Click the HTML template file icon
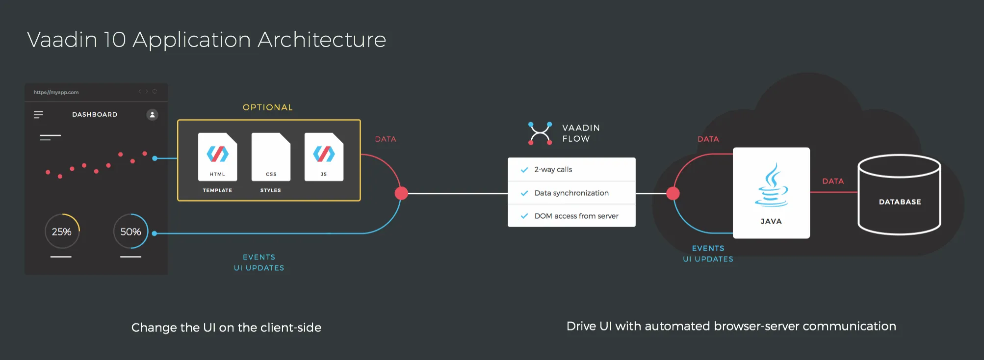pyautogui.click(x=217, y=156)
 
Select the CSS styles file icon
pyautogui.click(x=271, y=156)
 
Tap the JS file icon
pyautogui.click(x=324, y=156)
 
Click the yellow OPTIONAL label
pyautogui.click(x=268, y=107)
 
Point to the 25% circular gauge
pyautogui.click(x=62, y=231)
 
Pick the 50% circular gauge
pyautogui.click(x=130, y=231)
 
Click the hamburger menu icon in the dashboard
pyautogui.click(x=38, y=115)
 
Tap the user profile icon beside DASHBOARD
pyautogui.click(x=153, y=115)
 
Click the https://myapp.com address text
pyautogui.click(x=56, y=92)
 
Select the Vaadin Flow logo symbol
pyautogui.click(x=540, y=133)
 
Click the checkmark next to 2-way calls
pyautogui.click(x=524, y=170)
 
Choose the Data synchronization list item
pyautogui.click(x=571, y=193)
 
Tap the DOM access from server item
pyautogui.click(x=576, y=216)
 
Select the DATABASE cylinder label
pyautogui.click(x=900, y=202)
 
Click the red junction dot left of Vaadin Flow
pyautogui.click(x=401, y=193)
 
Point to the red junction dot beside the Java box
pyautogui.click(x=673, y=193)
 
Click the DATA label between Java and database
pyautogui.click(x=833, y=181)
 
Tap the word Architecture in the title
pyautogui.click(x=322, y=40)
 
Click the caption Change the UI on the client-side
pyautogui.click(x=226, y=328)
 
